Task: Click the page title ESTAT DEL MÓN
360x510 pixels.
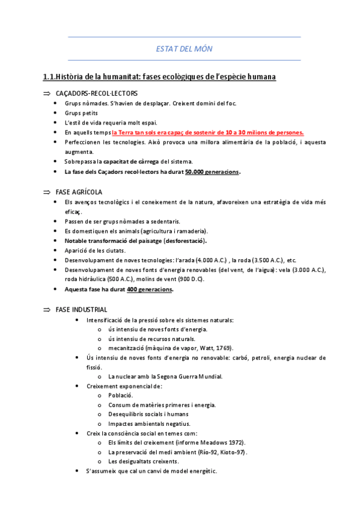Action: pos(184,49)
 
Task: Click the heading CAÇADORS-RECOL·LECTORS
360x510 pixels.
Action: pos(96,94)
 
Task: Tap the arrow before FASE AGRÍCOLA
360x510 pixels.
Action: pos(46,192)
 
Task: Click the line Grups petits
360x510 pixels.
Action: pos(81,112)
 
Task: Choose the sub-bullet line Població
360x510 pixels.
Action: pos(121,395)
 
